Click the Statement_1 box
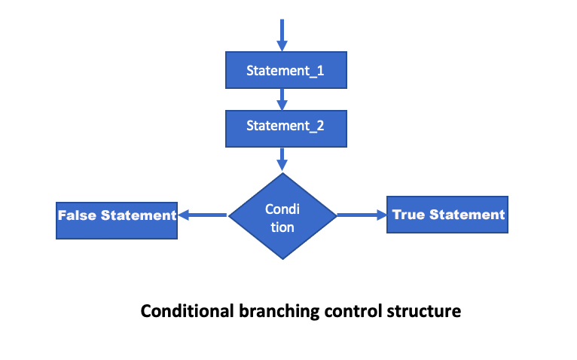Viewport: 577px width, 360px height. click(286, 70)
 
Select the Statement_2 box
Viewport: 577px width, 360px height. click(286, 129)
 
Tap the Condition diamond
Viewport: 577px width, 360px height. click(282, 216)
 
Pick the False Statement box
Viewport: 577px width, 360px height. click(117, 221)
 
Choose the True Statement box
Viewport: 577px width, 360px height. click(447, 215)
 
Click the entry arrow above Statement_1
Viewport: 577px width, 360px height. click(282, 35)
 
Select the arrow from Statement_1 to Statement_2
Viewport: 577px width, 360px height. click(282, 99)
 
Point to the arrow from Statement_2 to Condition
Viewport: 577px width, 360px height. click(282, 160)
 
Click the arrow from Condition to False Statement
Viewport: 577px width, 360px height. click(203, 215)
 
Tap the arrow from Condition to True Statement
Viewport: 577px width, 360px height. click(362, 215)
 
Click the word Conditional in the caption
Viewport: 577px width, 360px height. click(188, 311)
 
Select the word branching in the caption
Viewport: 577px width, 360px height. click(279, 312)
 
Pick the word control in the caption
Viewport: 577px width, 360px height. click(353, 311)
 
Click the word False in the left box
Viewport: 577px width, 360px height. click(78, 215)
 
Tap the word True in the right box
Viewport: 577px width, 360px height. click(408, 215)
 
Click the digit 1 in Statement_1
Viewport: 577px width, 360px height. click(320, 71)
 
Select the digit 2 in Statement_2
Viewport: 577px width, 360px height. click(320, 126)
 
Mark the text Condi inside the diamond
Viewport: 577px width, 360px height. click(282, 209)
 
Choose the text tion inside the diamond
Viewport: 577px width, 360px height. click(282, 227)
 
